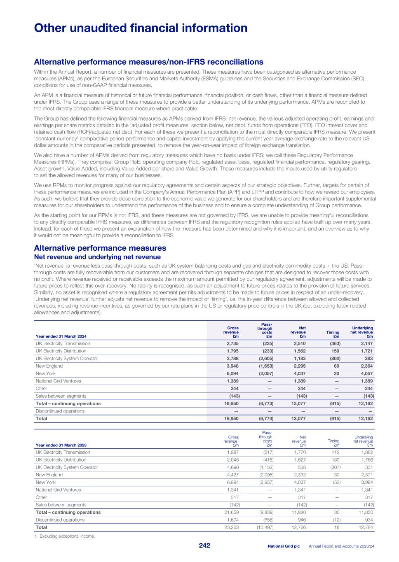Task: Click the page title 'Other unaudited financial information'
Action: (x=141, y=28)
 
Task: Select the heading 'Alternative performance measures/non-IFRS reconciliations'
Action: (x=148, y=62)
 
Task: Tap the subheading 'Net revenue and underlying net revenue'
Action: (x=97, y=257)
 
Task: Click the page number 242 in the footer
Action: (x=204, y=546)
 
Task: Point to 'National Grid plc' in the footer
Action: (x=284, y=546)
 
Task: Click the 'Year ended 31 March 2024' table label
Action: (x=61, y=336)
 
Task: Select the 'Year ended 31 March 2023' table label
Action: (x=61, y=445)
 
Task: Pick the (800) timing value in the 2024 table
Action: (x=333, y=359)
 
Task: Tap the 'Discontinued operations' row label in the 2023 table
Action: (x=60, y=520)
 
